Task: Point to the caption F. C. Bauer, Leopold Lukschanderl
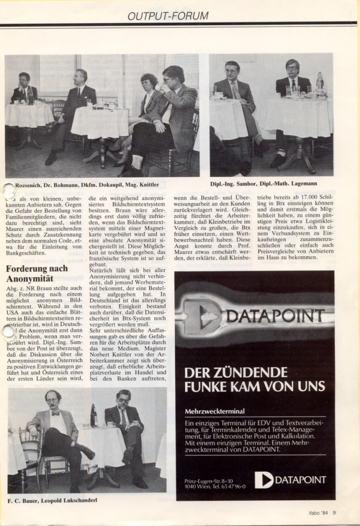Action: [52, 500]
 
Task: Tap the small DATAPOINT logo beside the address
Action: [290, 480]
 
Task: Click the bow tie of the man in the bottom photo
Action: [56, 414]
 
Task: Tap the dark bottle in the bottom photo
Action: [93, 416]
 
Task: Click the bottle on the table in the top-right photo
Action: [320, 82]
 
